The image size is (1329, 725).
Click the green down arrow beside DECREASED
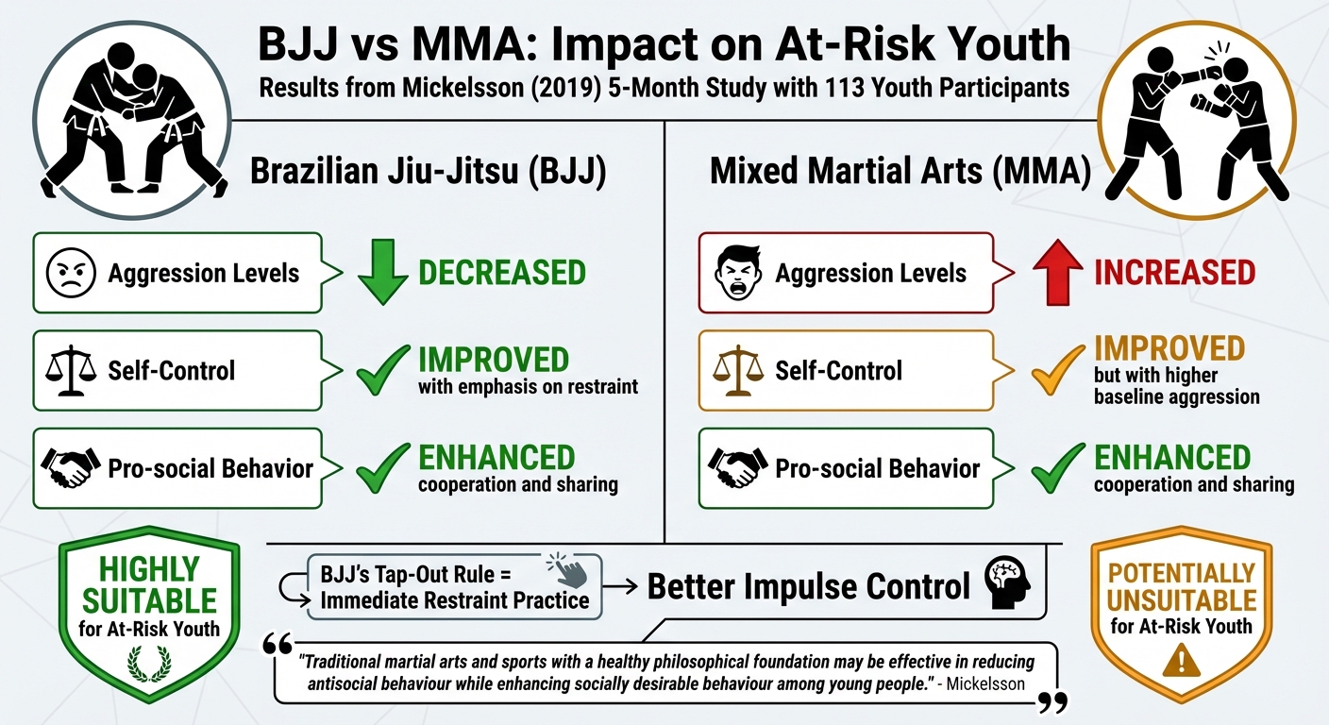pyautogui.click(x=382, y=274)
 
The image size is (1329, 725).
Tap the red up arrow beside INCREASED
pyautogui.click(x=1056, y=274)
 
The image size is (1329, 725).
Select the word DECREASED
pyautogui.click(x=501, y=274)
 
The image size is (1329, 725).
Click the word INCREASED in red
pyautogui.click(x=1174, y=274)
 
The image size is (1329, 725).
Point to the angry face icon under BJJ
pyautogui.click(x=72, y=274)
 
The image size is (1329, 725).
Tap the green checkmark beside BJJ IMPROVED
pyautogui.click(x=382, y=373)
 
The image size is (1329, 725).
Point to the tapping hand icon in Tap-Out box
pyautogui.click(x=567, y=571)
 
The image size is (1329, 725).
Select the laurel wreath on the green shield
pyautogui.click(x=145, y=664)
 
